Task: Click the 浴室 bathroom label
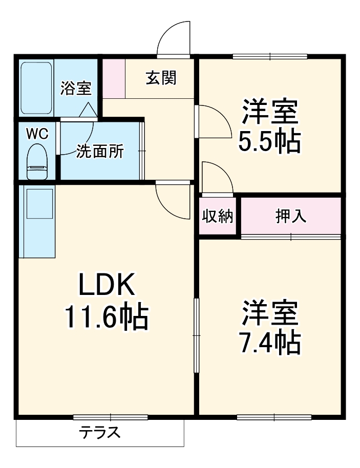pyautogui.click(x=76, y=88)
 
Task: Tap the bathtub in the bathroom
pyautogui.click(x=36, y=88)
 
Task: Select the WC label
pyautogui.click(x=37, y=134)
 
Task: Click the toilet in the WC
pyautogui.click(x=37, y=162)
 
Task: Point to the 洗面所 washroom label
pyautogui.click(x=100, y=152)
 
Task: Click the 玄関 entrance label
pyautogui.click(x=161, y=78)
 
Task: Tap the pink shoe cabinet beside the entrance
pyautogui.click(x=114, y=78)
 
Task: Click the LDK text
pyautogui.click(x=107, y=285)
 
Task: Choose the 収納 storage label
pyautogui.click(x=218, y=217)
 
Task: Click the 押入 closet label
pyautogui.click(x=291, y=217)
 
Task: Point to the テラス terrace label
pyautogui.click(x=100, y=433)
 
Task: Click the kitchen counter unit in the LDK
pyautogui.click(x=37, y=220)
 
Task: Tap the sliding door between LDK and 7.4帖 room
pyautogui.click(x=196, y=335)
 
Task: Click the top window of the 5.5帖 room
pyautogui.click(x=270, y=56)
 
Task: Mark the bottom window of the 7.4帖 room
pyautogui.click(x=274, y=417)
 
